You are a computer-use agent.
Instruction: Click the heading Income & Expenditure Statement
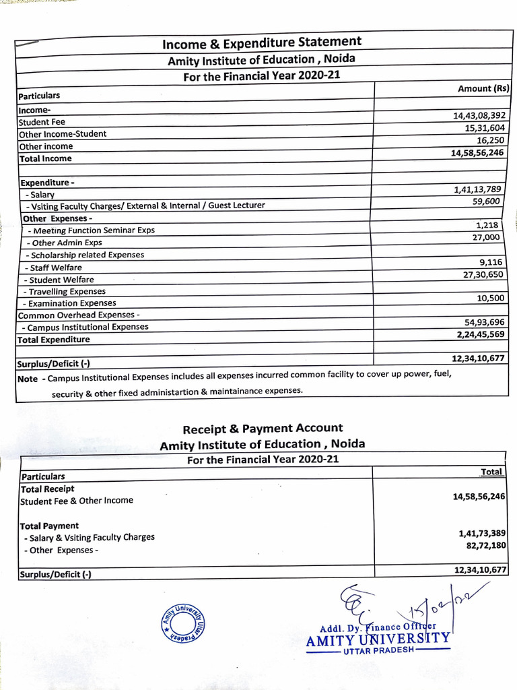[262, 43]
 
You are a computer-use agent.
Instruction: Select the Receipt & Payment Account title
[263, 428]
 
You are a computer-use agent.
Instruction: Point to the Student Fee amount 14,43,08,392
[479, 115]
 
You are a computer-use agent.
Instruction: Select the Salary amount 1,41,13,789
[479, 189]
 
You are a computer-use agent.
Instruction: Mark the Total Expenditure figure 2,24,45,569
[480, 334]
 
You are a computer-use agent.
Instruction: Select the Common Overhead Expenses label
[79, 315]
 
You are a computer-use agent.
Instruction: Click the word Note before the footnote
[28, 379]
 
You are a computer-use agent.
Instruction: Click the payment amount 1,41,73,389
[481, 533]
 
